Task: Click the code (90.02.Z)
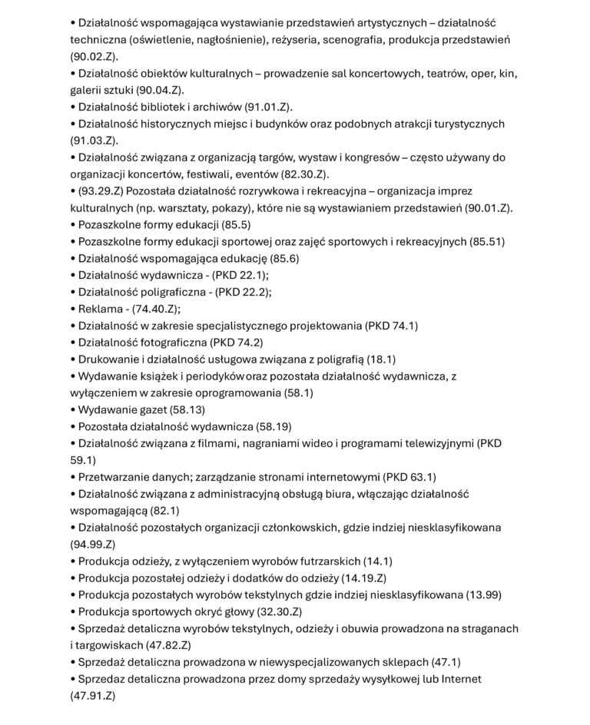[94, 57]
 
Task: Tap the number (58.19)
[267, 426]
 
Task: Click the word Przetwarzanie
[116, 477]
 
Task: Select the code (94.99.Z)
[93, 545]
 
